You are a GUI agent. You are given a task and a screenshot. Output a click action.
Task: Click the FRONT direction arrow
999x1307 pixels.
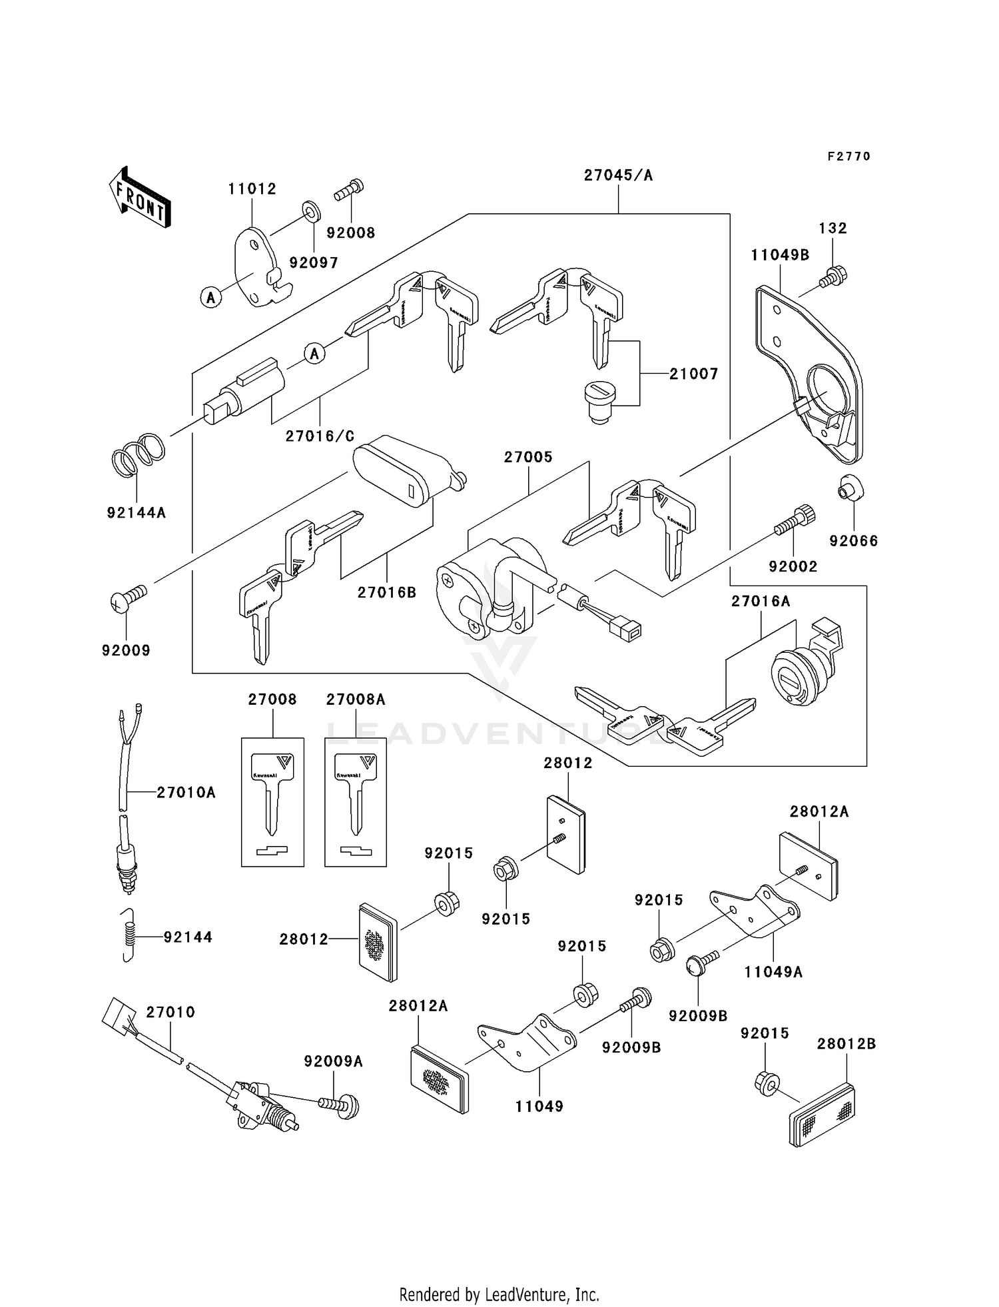[140, 198]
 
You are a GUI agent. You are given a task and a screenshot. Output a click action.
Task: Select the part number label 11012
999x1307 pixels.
[252, 189]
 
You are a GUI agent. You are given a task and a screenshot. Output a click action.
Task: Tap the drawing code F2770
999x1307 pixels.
[848, 157]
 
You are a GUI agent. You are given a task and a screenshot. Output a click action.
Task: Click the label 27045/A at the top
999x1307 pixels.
[618, 175]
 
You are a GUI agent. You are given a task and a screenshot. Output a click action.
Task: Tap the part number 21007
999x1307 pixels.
[693, 374]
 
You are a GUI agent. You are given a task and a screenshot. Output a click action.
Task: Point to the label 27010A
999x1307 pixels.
[186, 793]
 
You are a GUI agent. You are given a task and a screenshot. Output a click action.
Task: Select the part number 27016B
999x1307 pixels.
[386, 592]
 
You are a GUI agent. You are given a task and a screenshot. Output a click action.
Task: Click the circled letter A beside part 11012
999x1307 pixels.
[211, 297]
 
